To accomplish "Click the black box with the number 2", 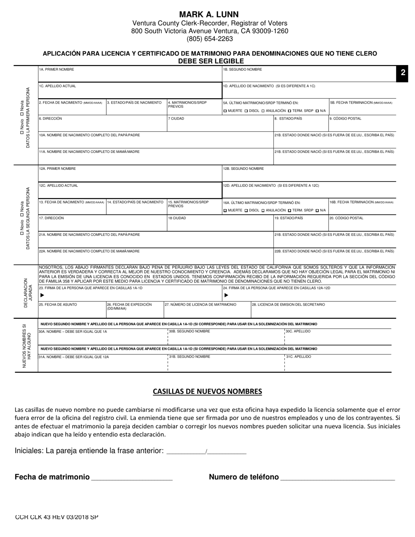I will [x=403, y=73].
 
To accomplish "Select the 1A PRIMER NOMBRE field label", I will [x=57, y=69].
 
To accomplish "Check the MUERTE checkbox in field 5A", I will [x=225, y=111].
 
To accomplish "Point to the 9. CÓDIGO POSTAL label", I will [x=345, y=118].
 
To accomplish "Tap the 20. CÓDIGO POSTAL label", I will [x=346, y=218].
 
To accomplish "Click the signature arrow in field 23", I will [x=42, y=295].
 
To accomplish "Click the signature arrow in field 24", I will [x=226, y=295].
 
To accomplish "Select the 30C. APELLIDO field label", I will [x=298, y=331].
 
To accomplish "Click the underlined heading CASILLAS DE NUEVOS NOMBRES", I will [x=207, y=391].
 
